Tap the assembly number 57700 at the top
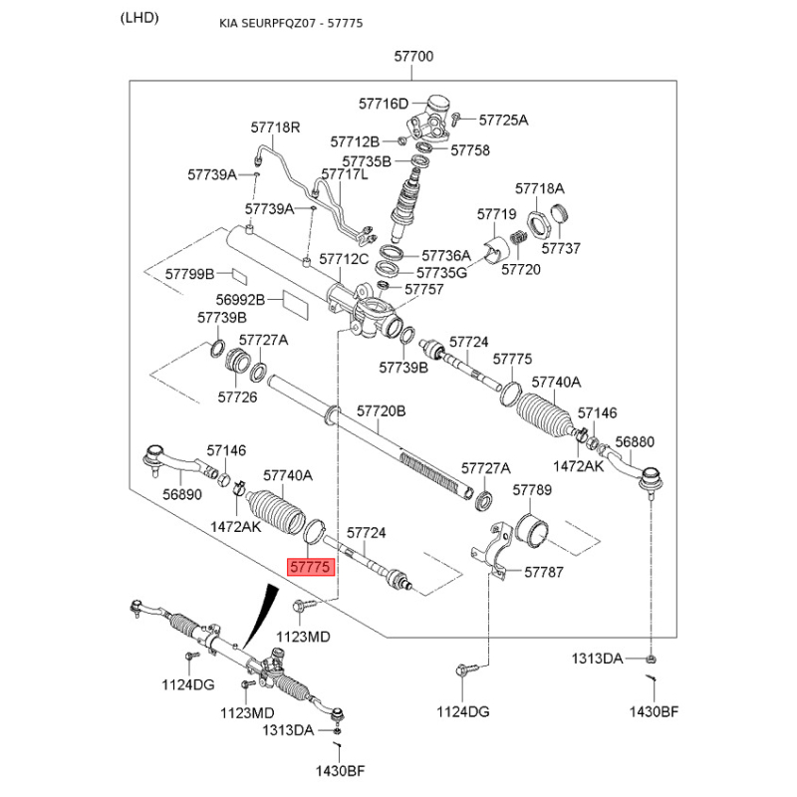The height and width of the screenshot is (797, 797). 414,57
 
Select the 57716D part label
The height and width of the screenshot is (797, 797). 384,104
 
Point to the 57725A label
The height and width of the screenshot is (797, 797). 503,120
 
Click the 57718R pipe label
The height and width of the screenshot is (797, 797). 275,128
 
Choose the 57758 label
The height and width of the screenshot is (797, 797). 470,150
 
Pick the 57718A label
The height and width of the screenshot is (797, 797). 540,188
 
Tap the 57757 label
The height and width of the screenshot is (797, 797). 423,289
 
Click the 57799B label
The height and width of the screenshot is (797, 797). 190,273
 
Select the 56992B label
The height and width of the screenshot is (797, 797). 240,299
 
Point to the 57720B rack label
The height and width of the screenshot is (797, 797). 382,410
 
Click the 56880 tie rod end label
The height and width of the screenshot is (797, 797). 635,441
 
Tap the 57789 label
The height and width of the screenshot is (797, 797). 532,490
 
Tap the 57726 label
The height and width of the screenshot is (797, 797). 238,397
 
